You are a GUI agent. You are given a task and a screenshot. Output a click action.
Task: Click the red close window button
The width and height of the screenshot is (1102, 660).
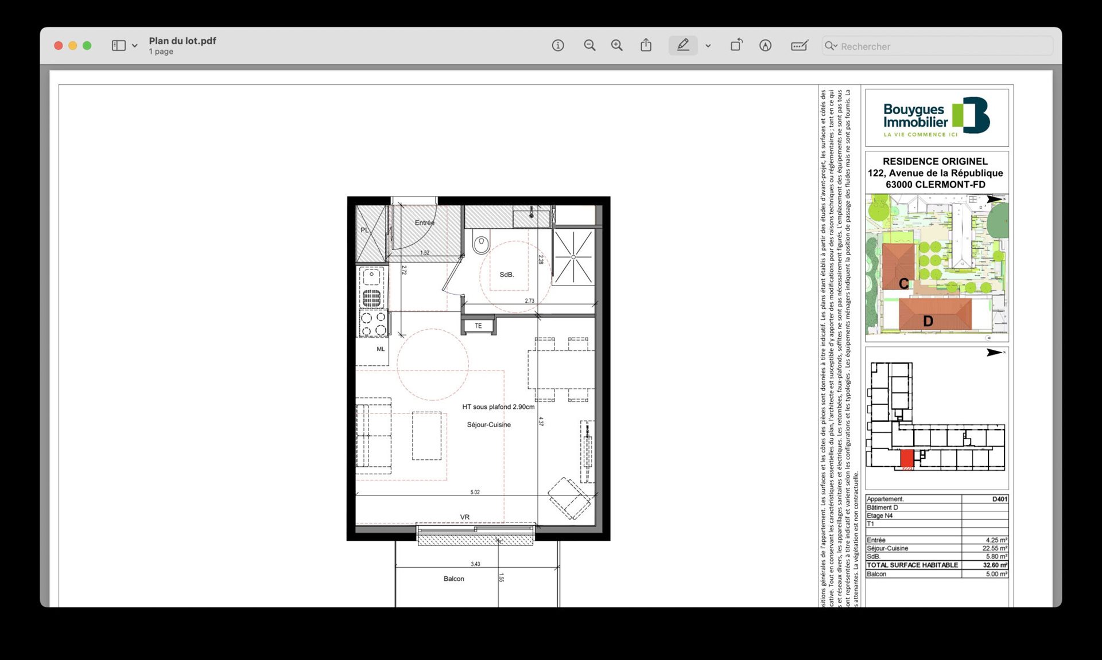point(58,46)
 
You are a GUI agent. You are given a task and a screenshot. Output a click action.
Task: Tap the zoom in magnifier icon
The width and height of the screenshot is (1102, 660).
point(616,45)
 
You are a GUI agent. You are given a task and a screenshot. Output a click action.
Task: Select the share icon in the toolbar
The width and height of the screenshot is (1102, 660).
point(646,45)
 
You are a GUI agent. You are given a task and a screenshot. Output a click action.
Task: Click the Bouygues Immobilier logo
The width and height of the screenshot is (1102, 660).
point(936,117)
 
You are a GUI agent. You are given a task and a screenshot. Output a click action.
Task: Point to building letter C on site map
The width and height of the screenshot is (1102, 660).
point(903,284)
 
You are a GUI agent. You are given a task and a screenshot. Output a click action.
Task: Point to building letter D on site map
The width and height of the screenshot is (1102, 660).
point(928,322)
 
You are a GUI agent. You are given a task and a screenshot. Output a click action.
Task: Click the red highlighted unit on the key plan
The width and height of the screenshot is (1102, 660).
point(907,459)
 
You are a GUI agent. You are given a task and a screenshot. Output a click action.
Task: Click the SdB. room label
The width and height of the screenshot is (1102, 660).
point(506,275)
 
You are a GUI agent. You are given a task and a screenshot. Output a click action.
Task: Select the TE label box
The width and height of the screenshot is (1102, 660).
point(478,326)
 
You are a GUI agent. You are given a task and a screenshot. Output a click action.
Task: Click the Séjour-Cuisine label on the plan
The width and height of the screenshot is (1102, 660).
point(488,425)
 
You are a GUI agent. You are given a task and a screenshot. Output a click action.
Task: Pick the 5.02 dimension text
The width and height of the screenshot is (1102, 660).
point(475,492)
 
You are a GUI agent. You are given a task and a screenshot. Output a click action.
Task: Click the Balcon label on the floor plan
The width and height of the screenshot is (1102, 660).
point(453,579)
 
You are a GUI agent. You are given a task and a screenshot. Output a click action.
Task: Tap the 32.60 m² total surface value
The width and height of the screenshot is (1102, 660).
point(994,565)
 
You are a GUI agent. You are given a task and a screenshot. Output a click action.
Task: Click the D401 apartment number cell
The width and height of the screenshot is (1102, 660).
point(999,499)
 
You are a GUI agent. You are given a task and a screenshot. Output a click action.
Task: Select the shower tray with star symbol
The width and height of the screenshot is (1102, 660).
point(573,257)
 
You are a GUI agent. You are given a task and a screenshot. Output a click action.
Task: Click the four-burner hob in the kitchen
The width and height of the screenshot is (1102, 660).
point(373,323)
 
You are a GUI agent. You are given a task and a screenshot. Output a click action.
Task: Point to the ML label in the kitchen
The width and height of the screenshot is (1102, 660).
point(381,349)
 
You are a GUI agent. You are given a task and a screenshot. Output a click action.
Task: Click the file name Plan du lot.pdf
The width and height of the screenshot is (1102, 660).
point(183,41)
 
